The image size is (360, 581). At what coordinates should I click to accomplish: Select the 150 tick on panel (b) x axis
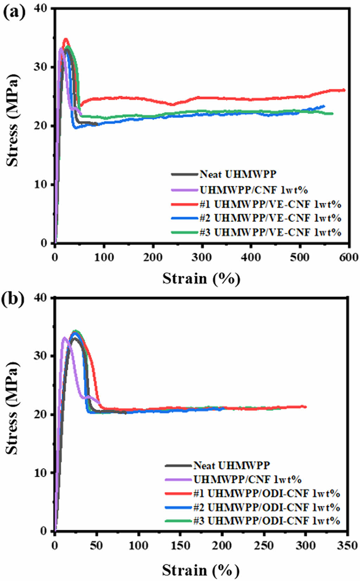tap(180, 545)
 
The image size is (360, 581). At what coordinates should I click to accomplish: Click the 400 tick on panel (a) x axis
tap(251, 257)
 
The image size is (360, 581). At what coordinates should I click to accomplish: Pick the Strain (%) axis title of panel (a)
tap(201, 279)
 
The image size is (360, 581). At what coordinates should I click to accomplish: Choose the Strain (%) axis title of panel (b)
tap(201, 570)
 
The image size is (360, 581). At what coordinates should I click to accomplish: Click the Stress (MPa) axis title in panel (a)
tap(13, 120)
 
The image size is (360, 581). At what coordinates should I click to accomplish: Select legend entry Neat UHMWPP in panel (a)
tap(238, 174)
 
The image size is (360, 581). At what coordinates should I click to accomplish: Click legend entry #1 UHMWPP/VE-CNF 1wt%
tap(270, 204)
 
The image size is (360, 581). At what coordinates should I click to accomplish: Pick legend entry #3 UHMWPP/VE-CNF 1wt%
tap(270, 232)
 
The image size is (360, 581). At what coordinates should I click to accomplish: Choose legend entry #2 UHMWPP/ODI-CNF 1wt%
tap(266, 507)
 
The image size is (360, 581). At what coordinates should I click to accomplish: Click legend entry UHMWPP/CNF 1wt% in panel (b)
tap(247, 479)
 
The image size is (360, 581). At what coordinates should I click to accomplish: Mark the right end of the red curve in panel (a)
tap(344, 90)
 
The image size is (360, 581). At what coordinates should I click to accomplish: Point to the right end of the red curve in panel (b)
tap(306, 407)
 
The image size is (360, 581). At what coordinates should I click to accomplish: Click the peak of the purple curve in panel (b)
tap(64, 338)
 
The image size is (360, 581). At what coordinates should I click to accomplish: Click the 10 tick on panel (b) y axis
tap(41, 473)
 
